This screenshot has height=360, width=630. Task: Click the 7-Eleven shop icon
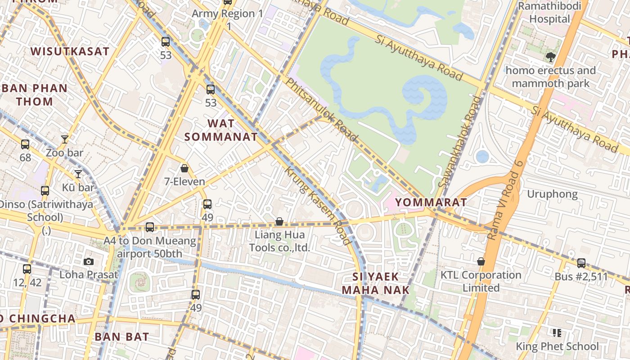184,169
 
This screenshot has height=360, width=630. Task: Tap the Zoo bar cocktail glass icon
65,139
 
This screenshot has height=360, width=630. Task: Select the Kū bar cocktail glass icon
78,174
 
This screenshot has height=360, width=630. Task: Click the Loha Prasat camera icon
89,261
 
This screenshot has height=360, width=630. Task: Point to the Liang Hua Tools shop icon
279,221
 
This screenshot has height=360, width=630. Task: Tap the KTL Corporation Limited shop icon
481,261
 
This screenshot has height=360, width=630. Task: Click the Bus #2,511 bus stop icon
581,263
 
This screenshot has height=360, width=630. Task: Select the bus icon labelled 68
25,144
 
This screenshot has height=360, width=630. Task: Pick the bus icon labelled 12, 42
27,269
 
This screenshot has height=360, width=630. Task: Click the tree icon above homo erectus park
550,57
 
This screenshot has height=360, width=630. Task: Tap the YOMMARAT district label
431,202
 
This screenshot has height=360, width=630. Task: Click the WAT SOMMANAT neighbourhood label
221,130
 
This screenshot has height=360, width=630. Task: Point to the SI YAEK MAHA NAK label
376,283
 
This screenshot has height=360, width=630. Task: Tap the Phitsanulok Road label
322,109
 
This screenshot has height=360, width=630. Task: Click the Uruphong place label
552,194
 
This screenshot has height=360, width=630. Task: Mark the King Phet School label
557,346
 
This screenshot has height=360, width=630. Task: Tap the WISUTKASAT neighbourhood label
70,51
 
